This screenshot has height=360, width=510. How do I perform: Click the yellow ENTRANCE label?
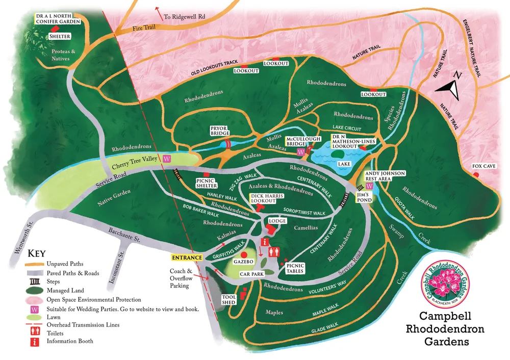pyautogui.click(x=187, y=258)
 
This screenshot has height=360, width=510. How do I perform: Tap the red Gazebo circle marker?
pyautogui.click(x=244, y=254)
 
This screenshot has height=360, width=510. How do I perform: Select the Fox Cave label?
pyautogui.click(x=484, y=166)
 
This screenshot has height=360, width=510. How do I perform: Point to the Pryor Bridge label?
pyautogui.click(x=221, y=131)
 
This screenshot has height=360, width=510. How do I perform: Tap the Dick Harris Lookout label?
pyautogui.click(x=264, y=198)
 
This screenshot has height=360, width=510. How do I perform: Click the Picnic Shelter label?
pyautogui.click(x=207, y=183)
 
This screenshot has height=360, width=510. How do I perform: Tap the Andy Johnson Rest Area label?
pyautogui.click(x=385, y=176)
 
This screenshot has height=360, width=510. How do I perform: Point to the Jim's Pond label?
pyautogui.click(x=378, y=197)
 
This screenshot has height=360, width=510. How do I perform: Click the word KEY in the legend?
pyautogui.click(x=37, y=253)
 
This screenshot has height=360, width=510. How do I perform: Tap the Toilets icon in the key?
pyautogui.click(x=35, y=332)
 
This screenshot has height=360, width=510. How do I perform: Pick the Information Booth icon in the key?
pyautogui.click(x=35, y=341)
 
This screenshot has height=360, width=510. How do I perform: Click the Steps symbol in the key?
pyautogui.click(x=35, y=281)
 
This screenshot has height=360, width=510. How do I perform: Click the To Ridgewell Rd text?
pyautogui.click(x=184, y=17)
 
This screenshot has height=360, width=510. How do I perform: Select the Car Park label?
pyautogui.click(x=250, y=274)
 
